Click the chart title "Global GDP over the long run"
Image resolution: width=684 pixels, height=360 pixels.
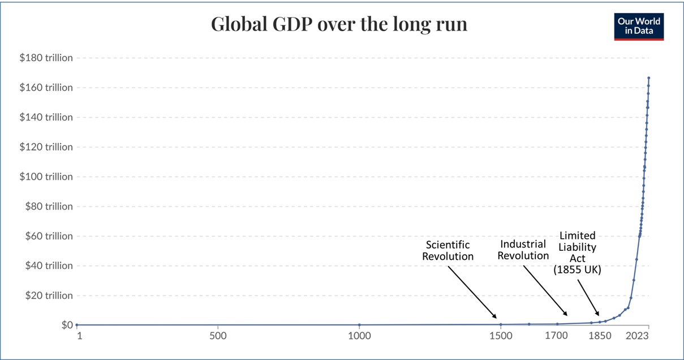click(339, 24)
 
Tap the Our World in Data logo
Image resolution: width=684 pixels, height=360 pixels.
click(639, 26)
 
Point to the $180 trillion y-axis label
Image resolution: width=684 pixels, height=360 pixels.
click(46, 58)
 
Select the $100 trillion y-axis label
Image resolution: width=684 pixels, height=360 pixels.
click(46, 177)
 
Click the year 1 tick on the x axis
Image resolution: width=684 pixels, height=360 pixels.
click(79, 336)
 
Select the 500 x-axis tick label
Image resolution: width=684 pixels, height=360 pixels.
click(218, 336)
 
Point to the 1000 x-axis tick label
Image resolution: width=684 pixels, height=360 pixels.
click(359, 336)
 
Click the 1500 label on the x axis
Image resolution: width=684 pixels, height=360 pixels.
click(501, 336)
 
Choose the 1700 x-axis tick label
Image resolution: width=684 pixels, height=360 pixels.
click(557, 336)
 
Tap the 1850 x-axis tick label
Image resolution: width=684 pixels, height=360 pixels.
click(600, 336)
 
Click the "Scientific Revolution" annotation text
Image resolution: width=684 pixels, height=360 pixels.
click(448, 250)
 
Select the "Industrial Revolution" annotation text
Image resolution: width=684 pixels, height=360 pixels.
click(523, 250)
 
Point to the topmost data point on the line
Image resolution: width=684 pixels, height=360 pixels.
click(648, 78)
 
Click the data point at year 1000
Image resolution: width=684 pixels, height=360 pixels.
click(359, 325)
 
